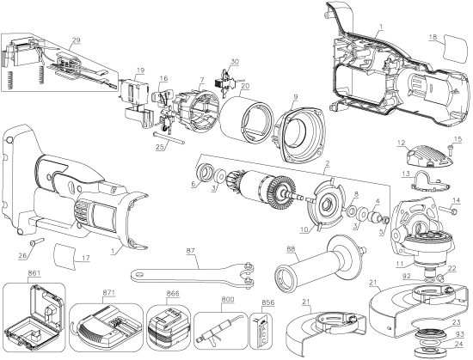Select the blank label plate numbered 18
pyautogui.click(x=448, y=54)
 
